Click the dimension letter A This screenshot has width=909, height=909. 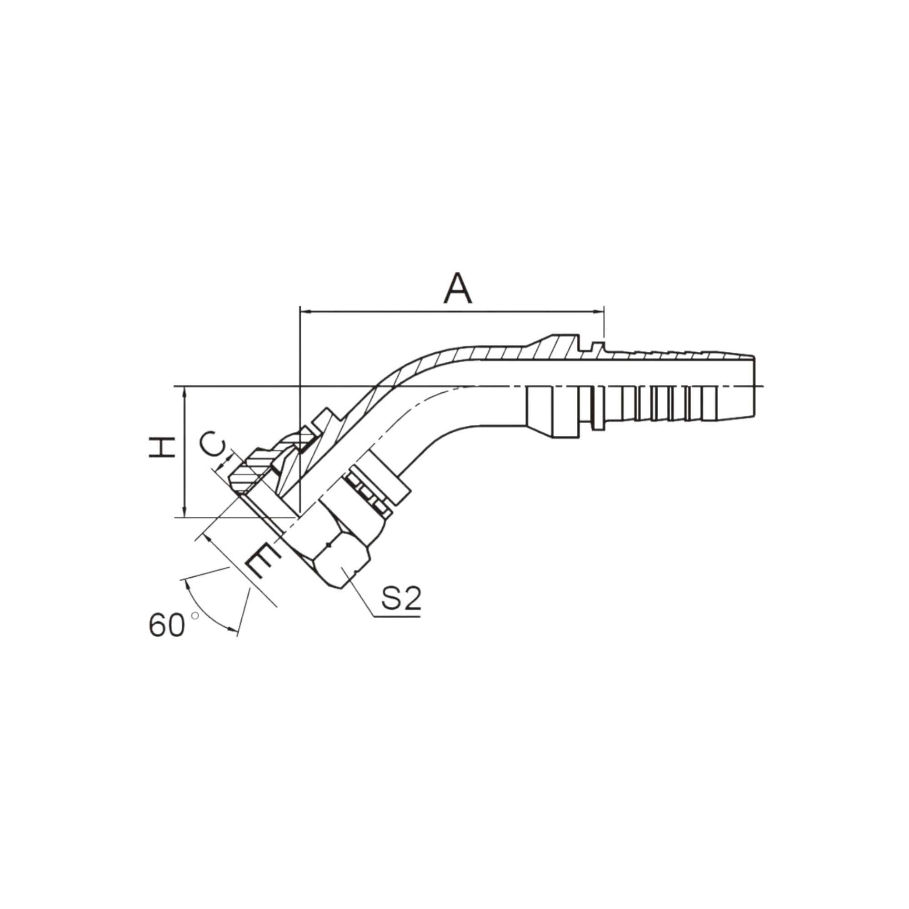457,288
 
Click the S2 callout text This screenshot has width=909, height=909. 400,599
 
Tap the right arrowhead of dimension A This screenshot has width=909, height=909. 598,311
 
